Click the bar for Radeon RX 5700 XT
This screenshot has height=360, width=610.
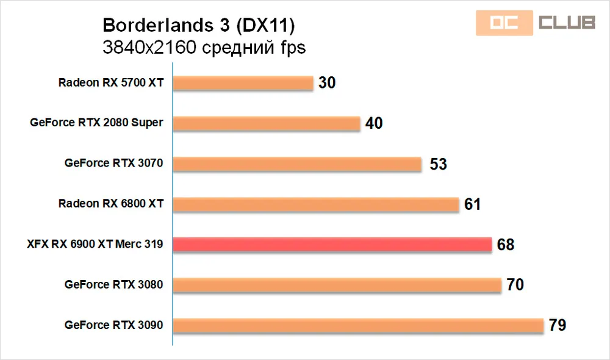click(243, 83)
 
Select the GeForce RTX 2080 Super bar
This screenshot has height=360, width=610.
click(267, 123)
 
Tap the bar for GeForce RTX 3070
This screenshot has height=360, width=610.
click(297, 164)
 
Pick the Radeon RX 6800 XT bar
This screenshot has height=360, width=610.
click(316, 204)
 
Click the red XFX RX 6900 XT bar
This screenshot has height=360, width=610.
click(332, 245)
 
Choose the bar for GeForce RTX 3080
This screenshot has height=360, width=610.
click(337, 285)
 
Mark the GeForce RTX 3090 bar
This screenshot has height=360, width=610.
click(358, 325)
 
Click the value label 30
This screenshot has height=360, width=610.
click(328, 83)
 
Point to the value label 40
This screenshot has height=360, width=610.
click(374, 123)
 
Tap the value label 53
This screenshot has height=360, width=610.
click(438, 164)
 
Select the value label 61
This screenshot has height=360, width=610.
click(473, 204)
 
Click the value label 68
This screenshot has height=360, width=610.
click(506, 245)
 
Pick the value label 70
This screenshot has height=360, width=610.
click(515, 286)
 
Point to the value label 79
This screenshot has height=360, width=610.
click(558, 326)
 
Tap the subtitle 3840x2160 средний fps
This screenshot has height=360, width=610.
click(204, 48)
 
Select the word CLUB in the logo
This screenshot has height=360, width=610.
click(567, 23)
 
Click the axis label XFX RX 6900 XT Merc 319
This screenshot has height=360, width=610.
click(95, 245)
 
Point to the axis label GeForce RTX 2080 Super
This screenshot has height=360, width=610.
click(96, 123)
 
